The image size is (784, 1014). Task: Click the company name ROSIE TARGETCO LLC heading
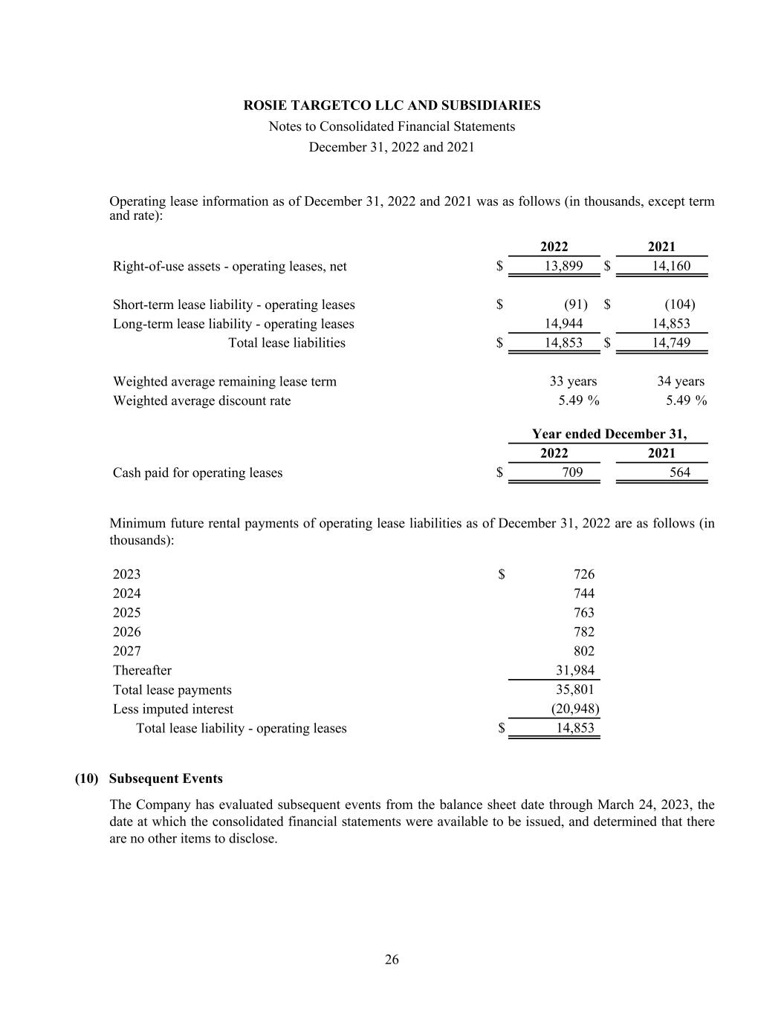392,105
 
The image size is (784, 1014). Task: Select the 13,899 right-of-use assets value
563,266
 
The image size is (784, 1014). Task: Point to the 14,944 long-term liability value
563,324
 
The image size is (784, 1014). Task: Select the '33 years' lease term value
573,382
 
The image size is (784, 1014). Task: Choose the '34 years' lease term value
680,382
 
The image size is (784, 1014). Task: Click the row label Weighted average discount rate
201,401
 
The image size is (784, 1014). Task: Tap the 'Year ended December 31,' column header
609,434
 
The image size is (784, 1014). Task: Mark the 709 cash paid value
572,472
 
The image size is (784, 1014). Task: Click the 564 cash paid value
679,472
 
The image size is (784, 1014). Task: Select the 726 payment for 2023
584,574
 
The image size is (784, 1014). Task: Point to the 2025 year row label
126,613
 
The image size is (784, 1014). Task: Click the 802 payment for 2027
584,651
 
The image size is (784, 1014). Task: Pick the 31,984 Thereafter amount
575,671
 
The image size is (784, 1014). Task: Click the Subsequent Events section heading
165,779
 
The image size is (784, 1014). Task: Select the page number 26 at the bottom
392,960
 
